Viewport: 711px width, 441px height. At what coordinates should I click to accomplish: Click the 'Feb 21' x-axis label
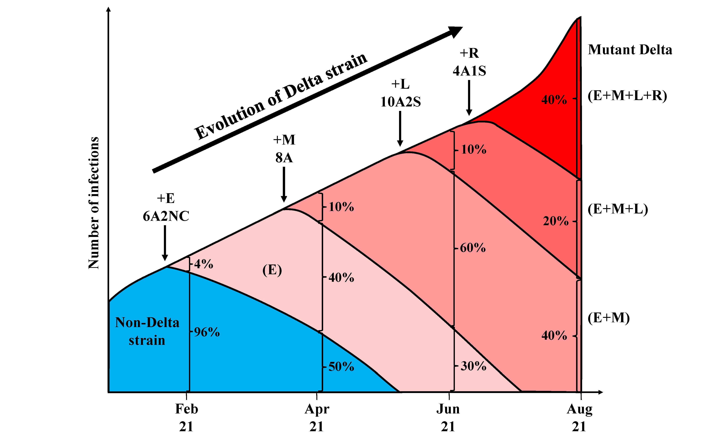pos(186,418)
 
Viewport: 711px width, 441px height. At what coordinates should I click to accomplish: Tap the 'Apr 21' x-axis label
pos(317,418)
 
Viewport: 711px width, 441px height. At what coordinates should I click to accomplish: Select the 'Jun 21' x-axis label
pos(448,418)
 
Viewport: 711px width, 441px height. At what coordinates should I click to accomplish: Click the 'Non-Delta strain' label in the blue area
pos(147,331)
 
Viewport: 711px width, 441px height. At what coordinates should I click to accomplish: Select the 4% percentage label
pos(204,264)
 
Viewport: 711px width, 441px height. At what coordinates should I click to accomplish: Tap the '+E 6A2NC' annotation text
pos(166,207)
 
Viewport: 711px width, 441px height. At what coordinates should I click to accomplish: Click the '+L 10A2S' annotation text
pos(400,93)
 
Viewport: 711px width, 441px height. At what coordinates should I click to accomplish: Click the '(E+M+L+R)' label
pos(627,96)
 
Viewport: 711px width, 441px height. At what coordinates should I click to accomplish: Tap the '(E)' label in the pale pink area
pos(272,270)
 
